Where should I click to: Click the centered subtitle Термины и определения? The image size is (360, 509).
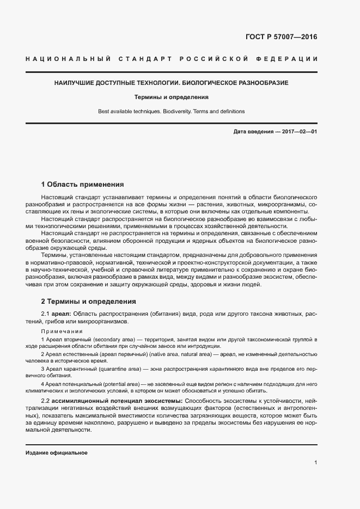pyautogui.click(x=172, y=97)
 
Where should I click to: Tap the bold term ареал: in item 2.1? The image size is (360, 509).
pyautogui.click(x=61, y=314)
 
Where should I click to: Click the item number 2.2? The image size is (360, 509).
pyautogui.click(x=45, y=401)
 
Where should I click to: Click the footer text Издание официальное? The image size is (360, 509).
pyautogui.click(x=57, y=453)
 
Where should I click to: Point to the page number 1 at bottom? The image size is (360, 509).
pyautogui.click(x=315, y=463)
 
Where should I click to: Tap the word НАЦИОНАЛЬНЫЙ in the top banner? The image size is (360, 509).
pyautogui.click(x=65, y=59)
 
